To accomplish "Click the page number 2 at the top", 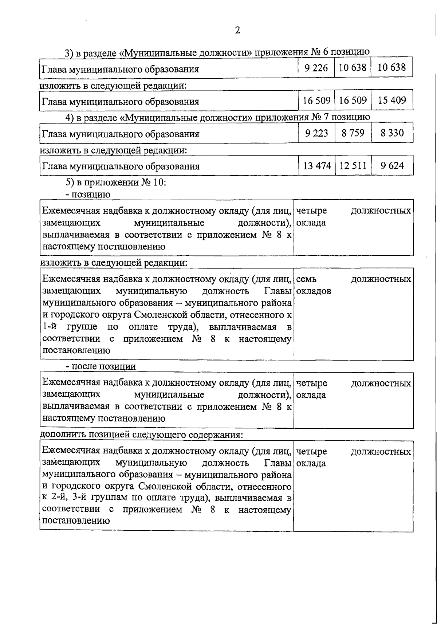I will point(237,30).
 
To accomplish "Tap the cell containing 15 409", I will point(392,100).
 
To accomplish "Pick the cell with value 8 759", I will point(353,133).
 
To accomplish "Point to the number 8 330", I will point(392,133).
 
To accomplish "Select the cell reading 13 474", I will point(316,166).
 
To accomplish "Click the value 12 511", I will point(353,166).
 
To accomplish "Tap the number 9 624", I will point(392,166).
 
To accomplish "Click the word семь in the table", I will point(306,279).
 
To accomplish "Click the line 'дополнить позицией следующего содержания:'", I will point(141,435).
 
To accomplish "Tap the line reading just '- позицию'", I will point(87,194).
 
